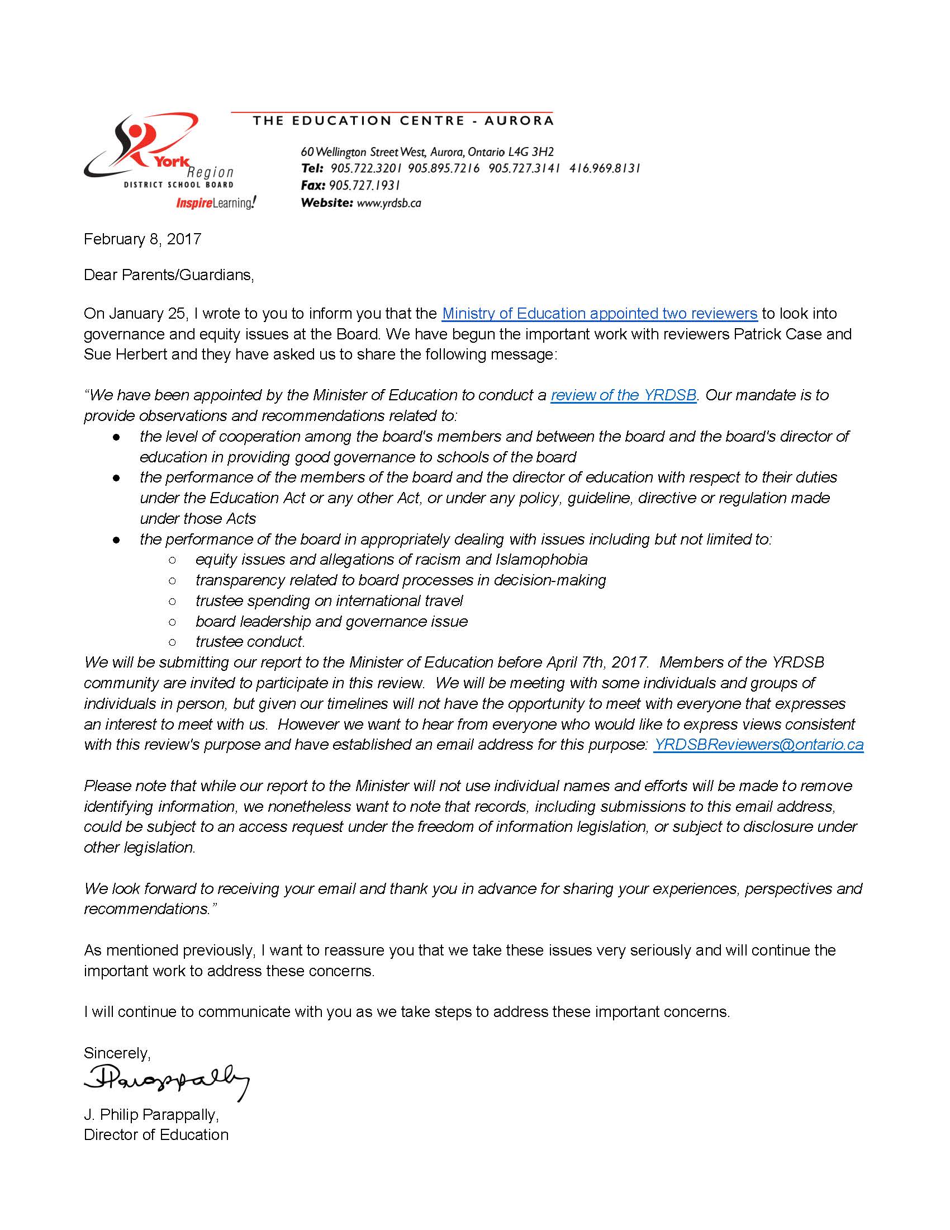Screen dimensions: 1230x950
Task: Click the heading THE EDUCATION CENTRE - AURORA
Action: pyautogui.click(x=403, y=121)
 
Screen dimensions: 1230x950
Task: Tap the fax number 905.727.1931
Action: pyautogui.click(x=364, y=185)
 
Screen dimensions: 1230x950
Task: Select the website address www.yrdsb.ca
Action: pyautogui.click(x=389, y=203)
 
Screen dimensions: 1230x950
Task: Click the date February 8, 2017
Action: pyautogui.click(x=142, y=239)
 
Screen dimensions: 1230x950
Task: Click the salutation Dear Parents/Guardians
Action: pyautogui.click(x=169, y=275)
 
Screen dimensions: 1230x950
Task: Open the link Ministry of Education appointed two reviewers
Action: pyautogui.click(x=600, y=314)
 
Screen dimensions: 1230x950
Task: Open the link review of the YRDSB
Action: pyautogui.click(x=624, y=395)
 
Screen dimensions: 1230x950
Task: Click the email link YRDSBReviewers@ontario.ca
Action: pyautogui.click(x=758, y=745)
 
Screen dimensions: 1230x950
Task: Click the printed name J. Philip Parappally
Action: pyautogui.click(x=151, y=1114)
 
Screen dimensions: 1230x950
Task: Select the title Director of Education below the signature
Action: pyautogui.click(x=156, y=1135)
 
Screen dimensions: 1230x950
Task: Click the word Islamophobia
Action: pyautogui.click(x=541, y=559)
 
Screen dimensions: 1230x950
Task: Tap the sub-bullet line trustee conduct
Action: pyautogui.click(x=250, y=641)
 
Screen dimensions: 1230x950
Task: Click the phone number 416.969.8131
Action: pyautogui.click(x=605, y=168)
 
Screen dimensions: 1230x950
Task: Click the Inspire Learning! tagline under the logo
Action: pyautogui.click(x=216, y=203)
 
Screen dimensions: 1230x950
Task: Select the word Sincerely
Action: pyautogui.click(x=116, y=1053)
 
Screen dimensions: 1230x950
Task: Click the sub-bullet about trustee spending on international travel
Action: pyautogui.click(x=329, y=601)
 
